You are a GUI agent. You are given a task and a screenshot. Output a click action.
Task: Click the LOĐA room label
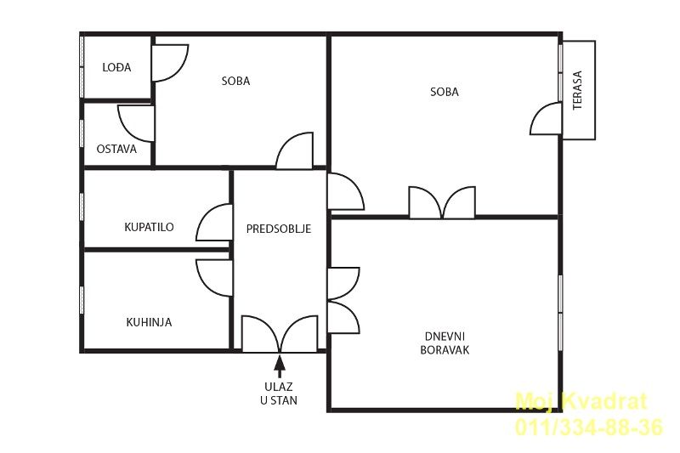click(116, 68)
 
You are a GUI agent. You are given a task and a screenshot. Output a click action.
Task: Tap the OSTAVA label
click(116, 149)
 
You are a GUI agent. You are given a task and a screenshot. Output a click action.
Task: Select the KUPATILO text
click(149, 227)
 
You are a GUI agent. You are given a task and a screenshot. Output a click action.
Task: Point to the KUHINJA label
click(149, 322)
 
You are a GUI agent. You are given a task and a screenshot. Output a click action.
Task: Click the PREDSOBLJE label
click(279, 229)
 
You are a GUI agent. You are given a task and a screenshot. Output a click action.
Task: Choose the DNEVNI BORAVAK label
click(445, 343)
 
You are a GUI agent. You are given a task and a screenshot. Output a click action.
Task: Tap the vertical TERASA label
click(577, 91)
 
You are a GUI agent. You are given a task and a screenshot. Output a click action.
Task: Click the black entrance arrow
click(280, 366)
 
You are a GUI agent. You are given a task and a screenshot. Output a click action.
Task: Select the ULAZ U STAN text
click(279, 394)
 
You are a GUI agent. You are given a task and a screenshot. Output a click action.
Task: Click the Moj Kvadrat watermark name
click(581, 401)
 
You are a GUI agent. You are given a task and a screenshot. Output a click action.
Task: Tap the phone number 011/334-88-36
click(588, 427)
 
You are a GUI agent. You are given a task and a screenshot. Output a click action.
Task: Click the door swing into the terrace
click(546, 118)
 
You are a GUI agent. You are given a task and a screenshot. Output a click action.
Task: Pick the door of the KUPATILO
click(214, 223)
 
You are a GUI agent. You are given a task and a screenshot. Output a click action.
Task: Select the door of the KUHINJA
click(214, 278)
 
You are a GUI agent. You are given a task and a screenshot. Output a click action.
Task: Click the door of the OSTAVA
click(136, 123)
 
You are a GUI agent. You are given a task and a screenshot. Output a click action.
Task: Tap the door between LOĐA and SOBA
click(169, 63)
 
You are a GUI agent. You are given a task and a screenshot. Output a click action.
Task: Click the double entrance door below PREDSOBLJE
click(280, 334)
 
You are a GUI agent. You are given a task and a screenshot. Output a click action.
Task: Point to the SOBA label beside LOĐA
click(236, 81)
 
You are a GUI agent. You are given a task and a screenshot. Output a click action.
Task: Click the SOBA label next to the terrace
click(445, 92)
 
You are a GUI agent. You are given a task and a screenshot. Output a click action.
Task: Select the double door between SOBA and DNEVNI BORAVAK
click(442, 202)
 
